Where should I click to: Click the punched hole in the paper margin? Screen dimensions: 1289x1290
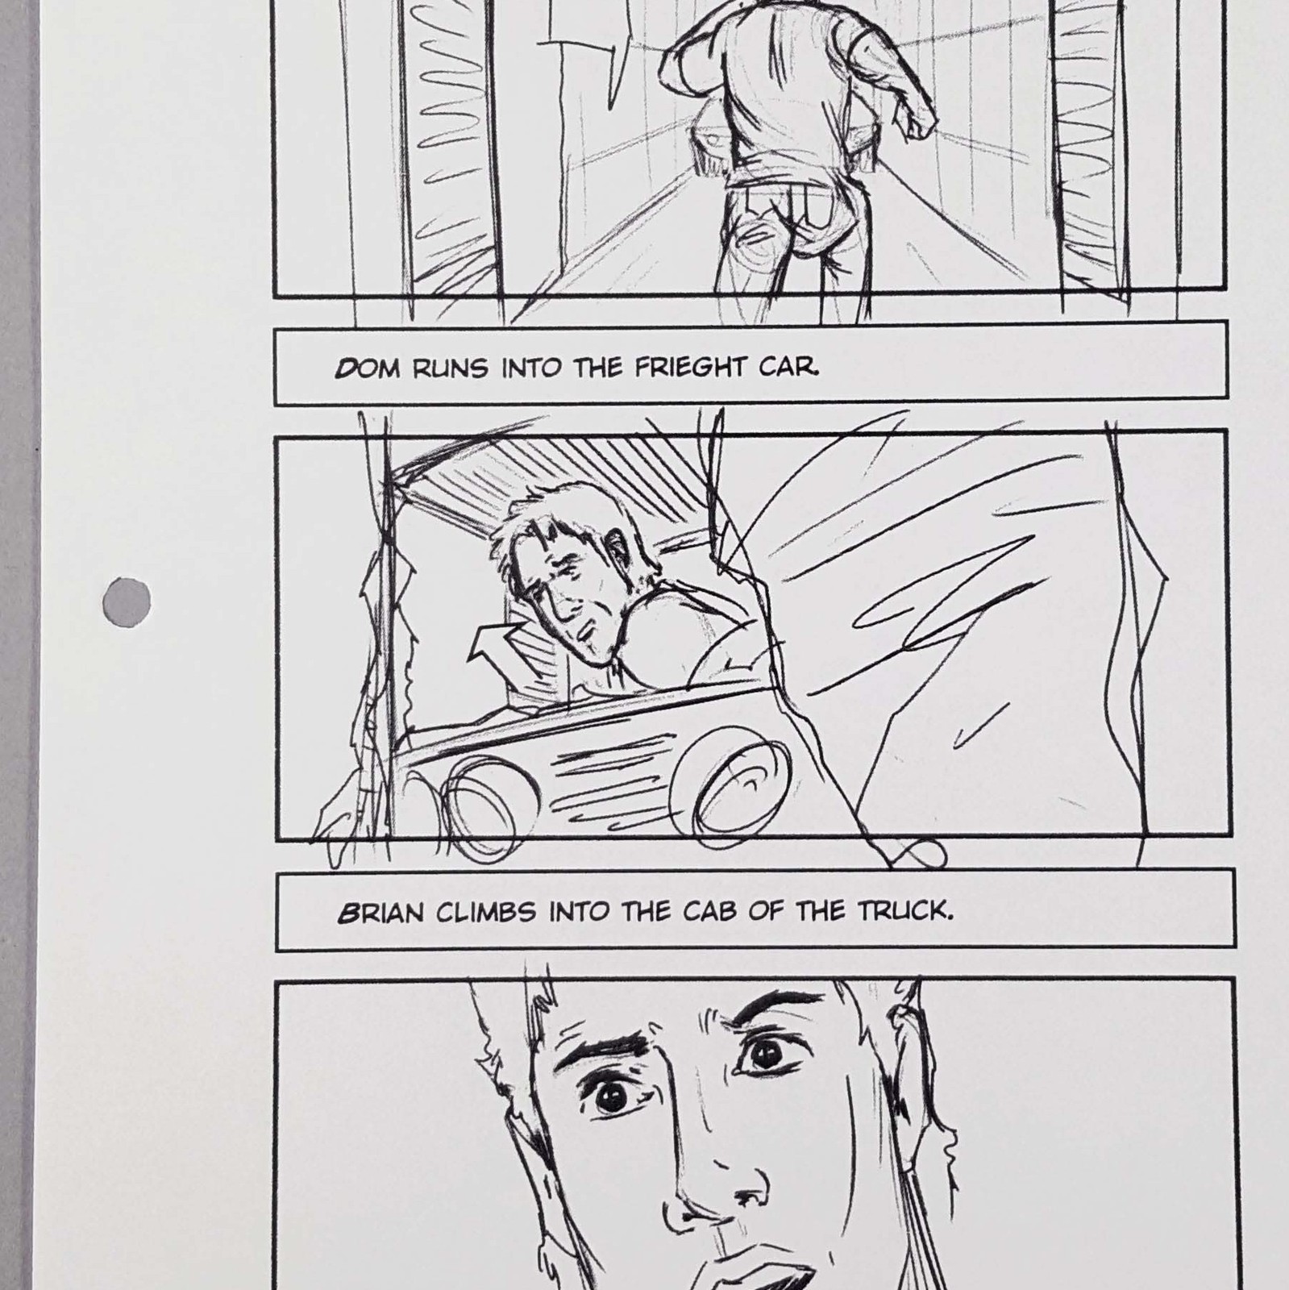(128, 601)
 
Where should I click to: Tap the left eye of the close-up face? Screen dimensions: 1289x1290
(613, 1098)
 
